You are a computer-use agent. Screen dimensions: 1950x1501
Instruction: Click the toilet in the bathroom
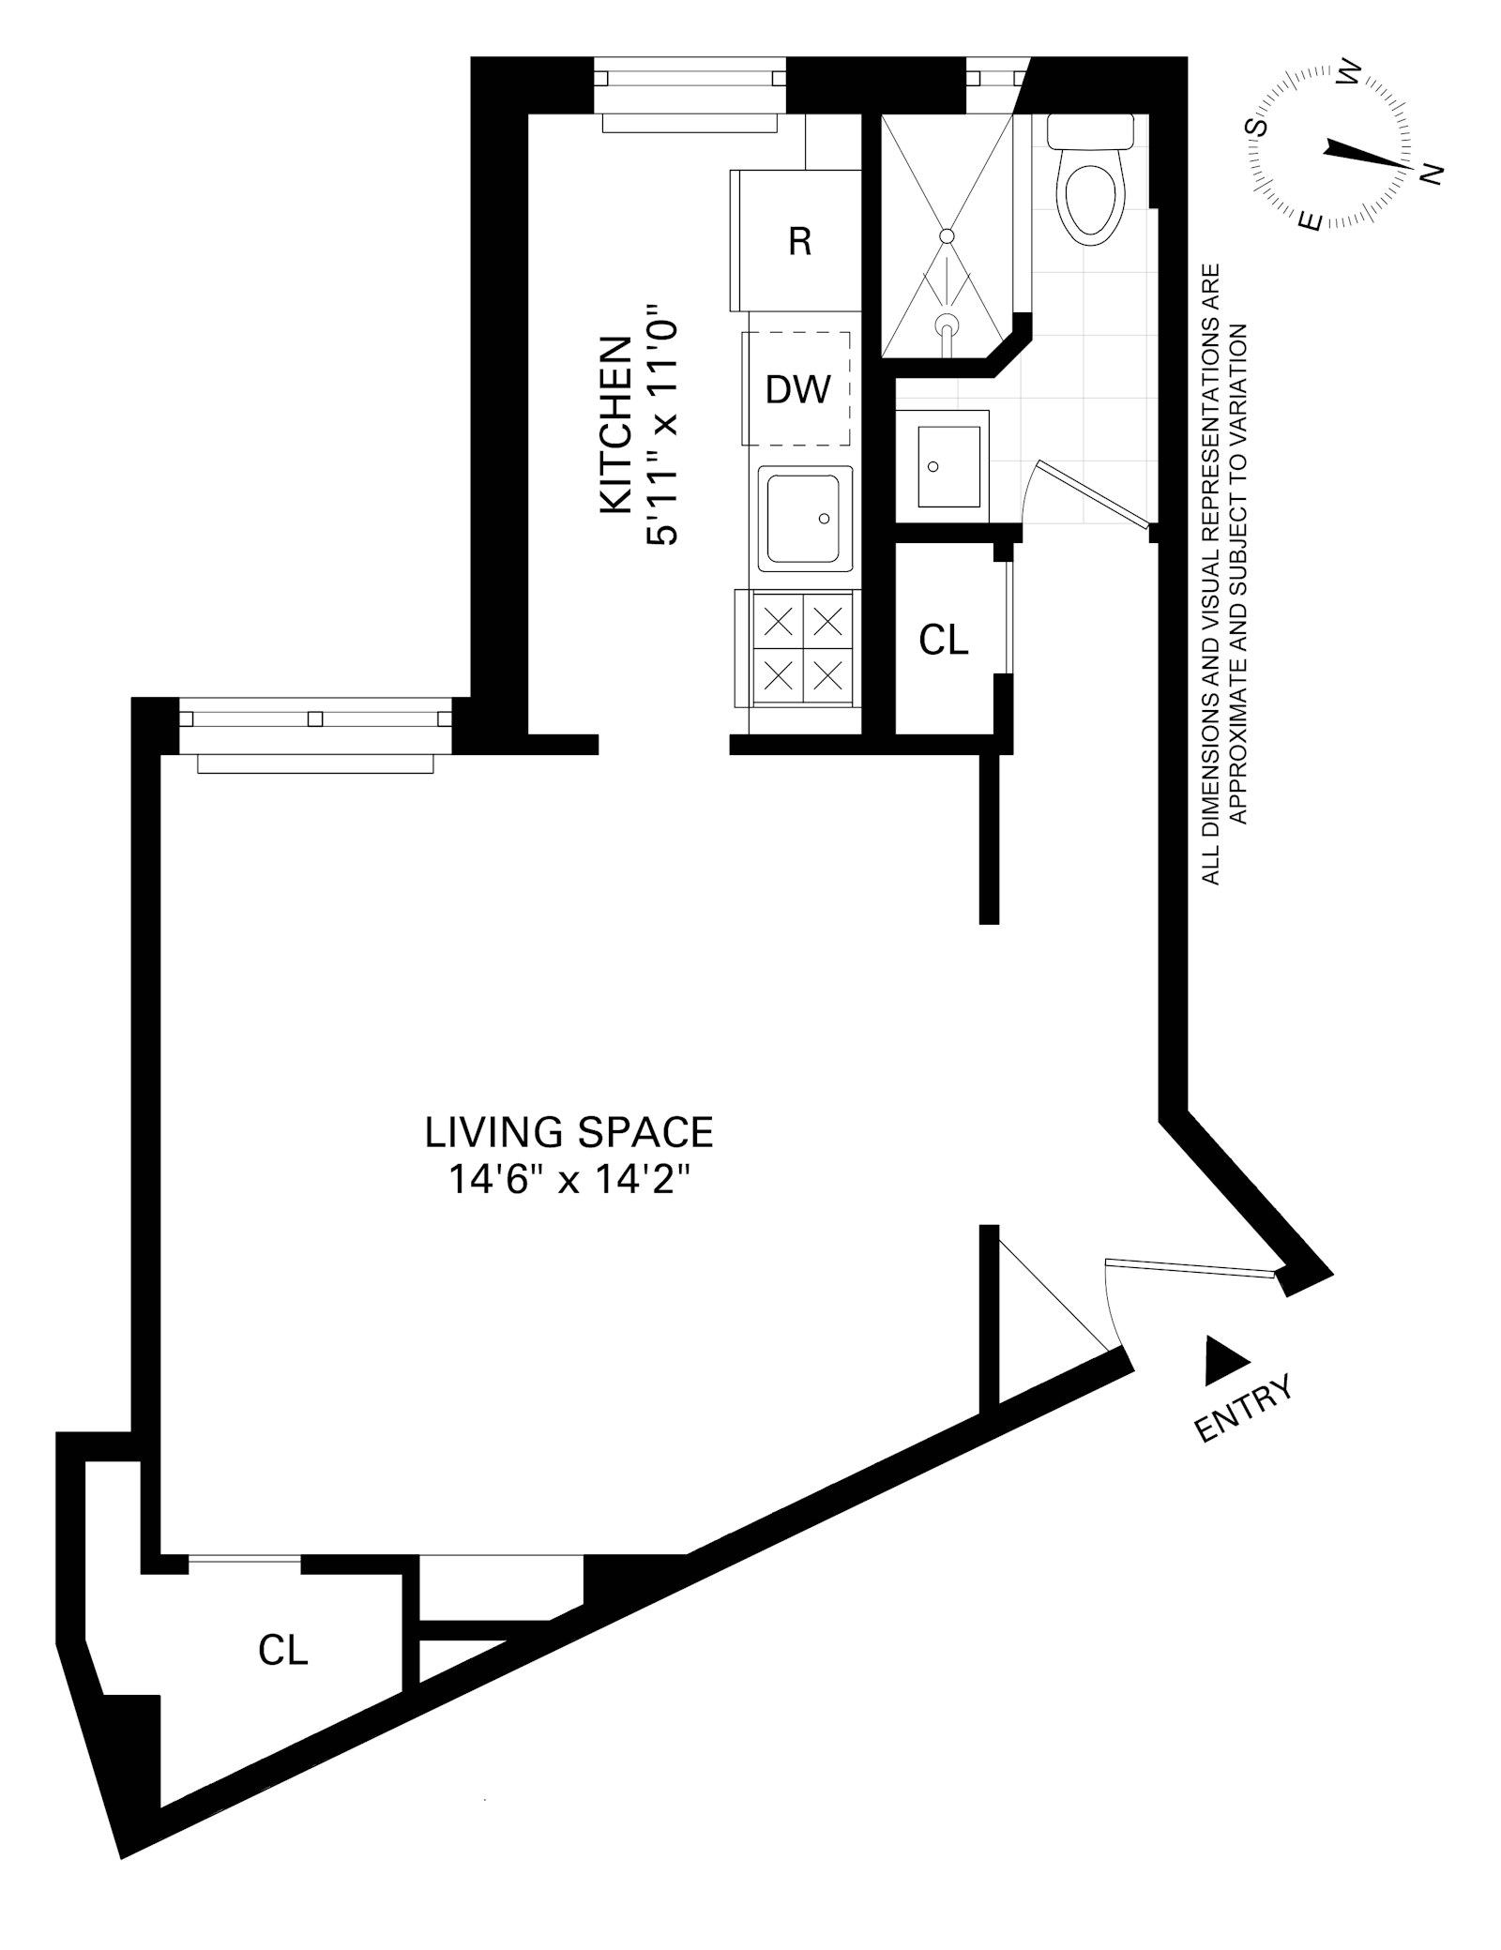click(1090, 188)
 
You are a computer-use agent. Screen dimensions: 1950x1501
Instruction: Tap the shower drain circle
click(947, 235)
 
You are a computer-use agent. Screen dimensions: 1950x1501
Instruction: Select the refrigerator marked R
click(797, 241)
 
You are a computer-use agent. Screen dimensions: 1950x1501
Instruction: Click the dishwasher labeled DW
click(797, 388)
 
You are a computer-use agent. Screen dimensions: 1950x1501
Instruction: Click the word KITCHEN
click(615, 425)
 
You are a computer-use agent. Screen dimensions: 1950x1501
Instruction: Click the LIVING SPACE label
click(569, 1132)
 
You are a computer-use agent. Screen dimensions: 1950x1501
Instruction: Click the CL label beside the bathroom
click(943, 640)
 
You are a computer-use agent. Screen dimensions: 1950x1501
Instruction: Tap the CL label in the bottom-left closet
click(283, 1651)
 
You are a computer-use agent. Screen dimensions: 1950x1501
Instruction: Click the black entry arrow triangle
click(1222, 1364)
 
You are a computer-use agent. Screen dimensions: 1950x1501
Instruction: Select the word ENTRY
click(1245, 1408)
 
